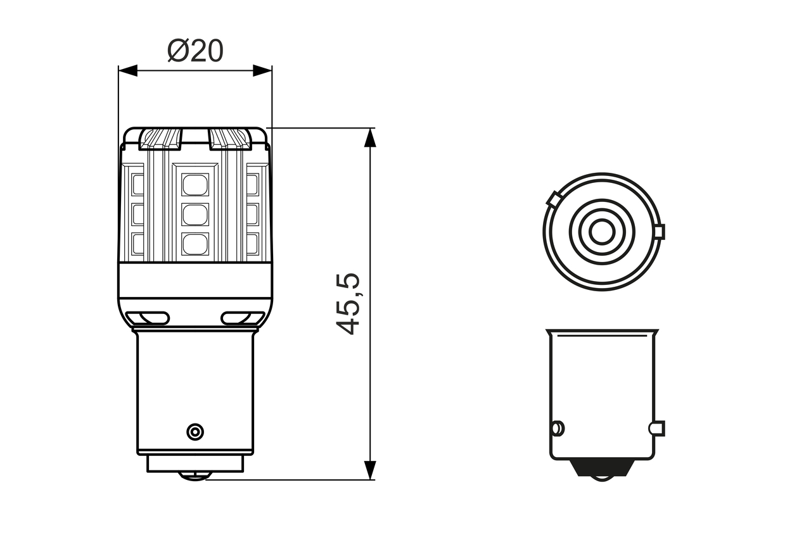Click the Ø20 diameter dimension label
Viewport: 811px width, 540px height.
(x=195, y=51)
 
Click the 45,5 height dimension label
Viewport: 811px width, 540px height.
(x=348, y=304)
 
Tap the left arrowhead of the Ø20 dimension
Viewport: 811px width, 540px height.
(x=128, y=70)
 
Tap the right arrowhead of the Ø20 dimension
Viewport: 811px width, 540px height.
(x=262, y=70)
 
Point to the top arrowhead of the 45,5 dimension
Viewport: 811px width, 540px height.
(x=370, y=137)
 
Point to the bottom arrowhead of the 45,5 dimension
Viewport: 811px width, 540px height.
(x=370, y=470)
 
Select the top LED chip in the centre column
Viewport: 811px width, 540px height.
(x=195, y=185)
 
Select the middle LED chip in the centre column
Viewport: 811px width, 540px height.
(x=195, y=215)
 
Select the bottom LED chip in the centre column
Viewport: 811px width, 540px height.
(x=195, y=244)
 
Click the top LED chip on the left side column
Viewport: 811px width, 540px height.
(x=137, y=185)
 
